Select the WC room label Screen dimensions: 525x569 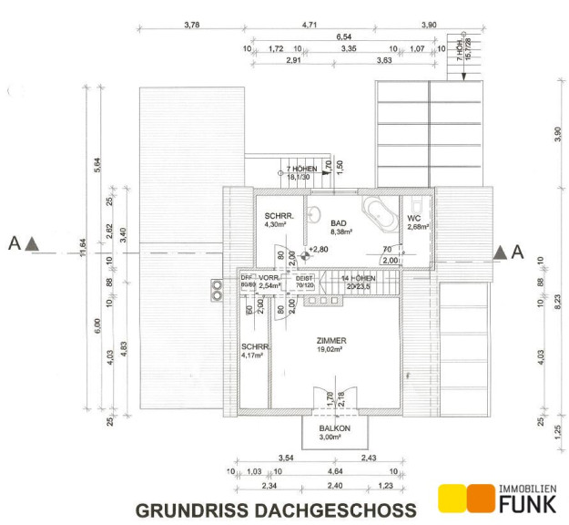[413, 218]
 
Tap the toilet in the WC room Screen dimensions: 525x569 [418, 204]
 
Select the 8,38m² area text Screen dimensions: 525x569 [341, 232]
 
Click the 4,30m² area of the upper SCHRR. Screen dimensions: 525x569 [276, 224]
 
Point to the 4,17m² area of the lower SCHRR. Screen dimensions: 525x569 [252, 355]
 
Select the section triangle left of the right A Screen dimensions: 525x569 [500, 253]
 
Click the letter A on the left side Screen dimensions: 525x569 [13, 243]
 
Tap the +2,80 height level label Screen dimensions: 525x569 [317, 249]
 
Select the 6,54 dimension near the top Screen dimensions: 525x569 [343, 37]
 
